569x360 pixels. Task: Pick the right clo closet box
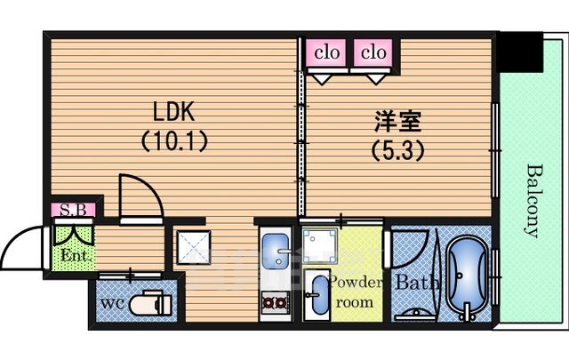pos(373,52)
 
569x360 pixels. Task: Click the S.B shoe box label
pos(72,210)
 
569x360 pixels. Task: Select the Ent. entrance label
pos(73,257)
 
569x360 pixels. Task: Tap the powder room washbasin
pos(317,296)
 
